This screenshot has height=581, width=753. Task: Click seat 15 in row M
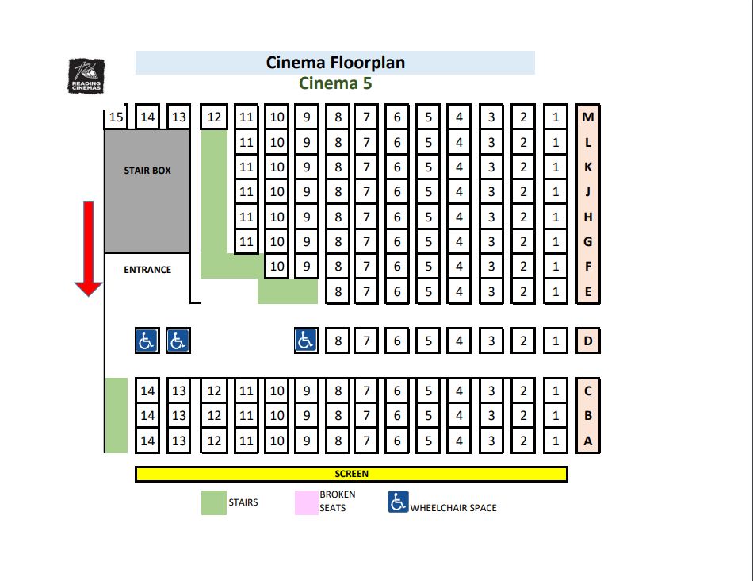117,117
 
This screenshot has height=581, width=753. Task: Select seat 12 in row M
214,117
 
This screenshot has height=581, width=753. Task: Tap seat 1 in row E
556,291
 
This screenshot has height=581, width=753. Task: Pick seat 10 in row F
277,267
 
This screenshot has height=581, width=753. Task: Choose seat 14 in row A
147,441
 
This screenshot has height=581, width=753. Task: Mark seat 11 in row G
247,241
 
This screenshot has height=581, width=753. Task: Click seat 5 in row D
428,341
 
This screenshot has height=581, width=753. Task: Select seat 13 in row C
179,391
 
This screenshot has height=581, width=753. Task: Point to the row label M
588,117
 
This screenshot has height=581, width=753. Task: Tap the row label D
588,341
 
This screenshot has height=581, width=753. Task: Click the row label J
588,191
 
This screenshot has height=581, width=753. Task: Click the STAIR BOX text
147,171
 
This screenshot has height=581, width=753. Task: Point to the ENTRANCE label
147,270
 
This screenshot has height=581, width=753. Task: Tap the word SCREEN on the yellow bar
351,474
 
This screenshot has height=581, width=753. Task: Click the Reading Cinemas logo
85,75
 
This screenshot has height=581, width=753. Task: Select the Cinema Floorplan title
335,63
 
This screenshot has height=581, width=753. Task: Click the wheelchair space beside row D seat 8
306,341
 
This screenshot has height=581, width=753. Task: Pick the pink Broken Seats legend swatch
306,503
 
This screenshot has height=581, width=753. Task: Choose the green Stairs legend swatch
213,503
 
